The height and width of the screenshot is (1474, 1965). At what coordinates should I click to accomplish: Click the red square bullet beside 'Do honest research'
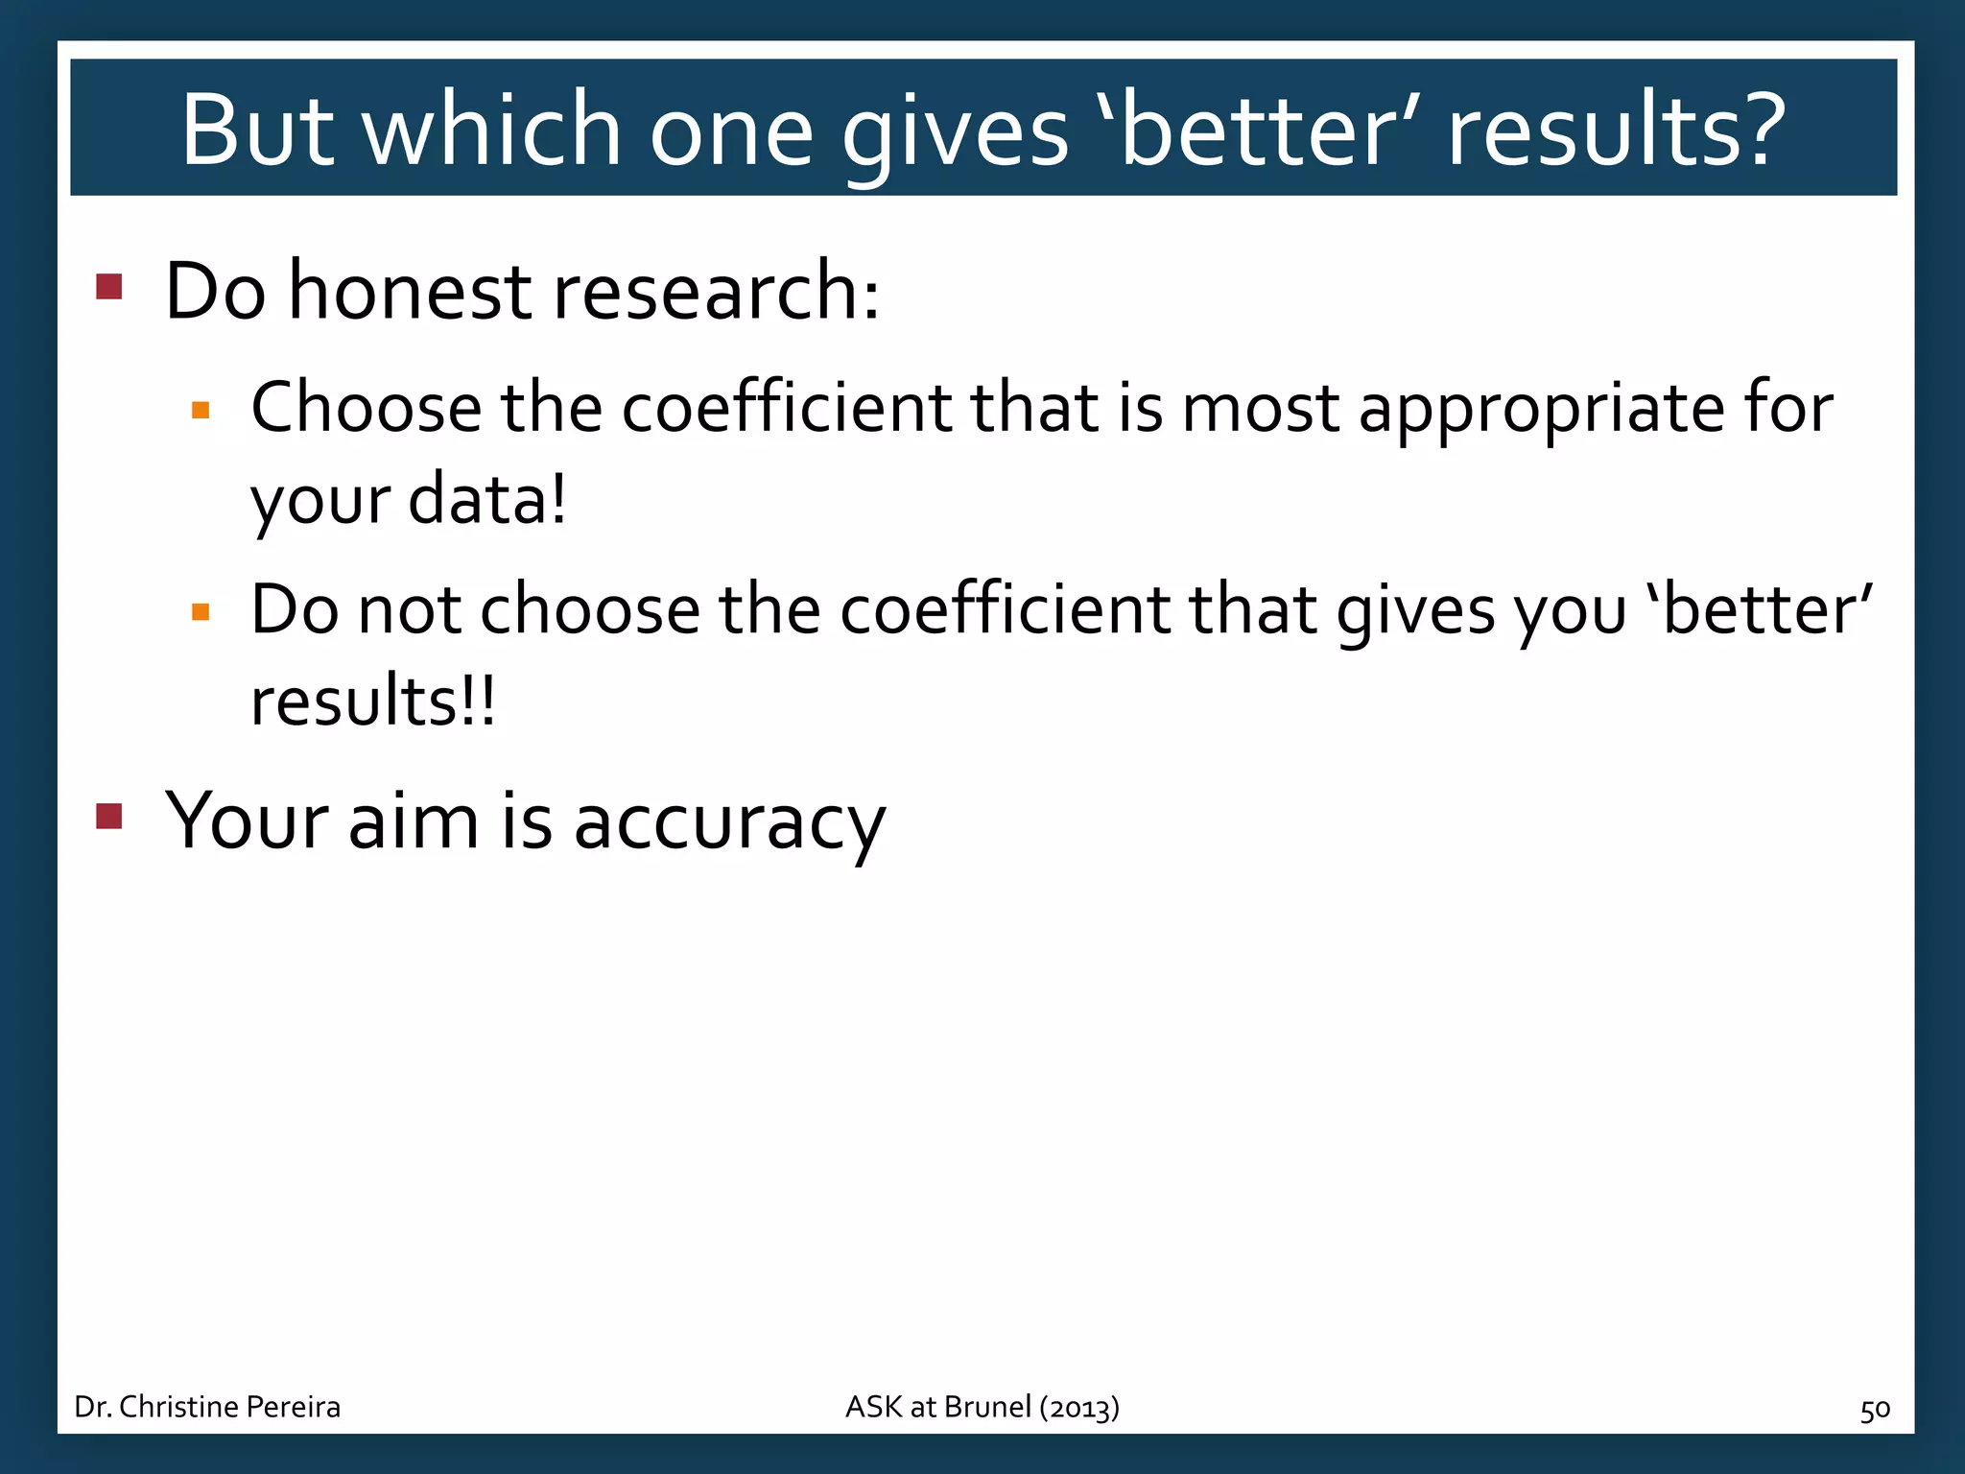(x=109, y=287)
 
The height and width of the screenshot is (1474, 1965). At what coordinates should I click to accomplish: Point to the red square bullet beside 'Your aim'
(x=109, y=816)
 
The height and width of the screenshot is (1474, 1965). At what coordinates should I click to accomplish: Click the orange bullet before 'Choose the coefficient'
(x=201, y=412)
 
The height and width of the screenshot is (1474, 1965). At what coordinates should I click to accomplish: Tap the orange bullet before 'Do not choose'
(x=201, y=612)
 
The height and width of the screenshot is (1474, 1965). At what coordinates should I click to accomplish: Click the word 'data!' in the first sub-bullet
(x=487, y=500)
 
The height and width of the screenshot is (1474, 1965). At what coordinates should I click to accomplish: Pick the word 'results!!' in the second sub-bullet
(x=373, y=701)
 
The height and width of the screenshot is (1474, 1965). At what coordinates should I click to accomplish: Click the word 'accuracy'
(x=729, y=823)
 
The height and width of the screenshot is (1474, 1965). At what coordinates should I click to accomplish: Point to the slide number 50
(x=1875, y=1410)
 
